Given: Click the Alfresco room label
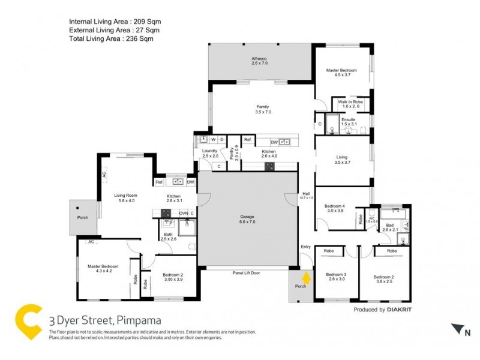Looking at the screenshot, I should pos(259,60).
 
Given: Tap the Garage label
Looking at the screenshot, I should pos(247,219).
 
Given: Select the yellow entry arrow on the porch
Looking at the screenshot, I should pos(306,277).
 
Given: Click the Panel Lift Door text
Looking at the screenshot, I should pos(247,272).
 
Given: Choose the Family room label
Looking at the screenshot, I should pos(263,109).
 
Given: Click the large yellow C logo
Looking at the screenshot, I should pos(29,323).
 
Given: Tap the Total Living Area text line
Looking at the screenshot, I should pos(111,38).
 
